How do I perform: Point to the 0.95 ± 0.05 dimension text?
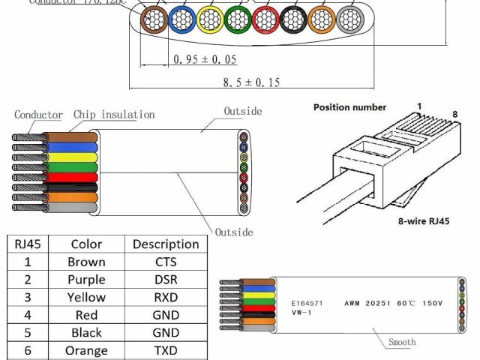[x=205, y=58]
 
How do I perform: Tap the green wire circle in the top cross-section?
[x=237, y=20]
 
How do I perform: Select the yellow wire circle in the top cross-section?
[x=209, y=20]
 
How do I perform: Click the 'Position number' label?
[x=349, y=108]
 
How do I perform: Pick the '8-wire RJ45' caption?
[x=424, y=222]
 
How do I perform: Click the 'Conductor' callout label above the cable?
[x=38, y=115]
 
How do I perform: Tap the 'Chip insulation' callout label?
[x=114, y=115]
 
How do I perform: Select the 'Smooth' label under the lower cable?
[x=402, y=343]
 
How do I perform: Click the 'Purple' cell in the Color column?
[x=86, y=280]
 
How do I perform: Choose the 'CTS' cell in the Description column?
[x=166, y=262]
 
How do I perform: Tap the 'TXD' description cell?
[x=166, y=350]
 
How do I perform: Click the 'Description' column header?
[x=166, y=244]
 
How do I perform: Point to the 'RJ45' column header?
[x=28, y=244]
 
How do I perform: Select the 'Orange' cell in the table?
[x=86, y=350]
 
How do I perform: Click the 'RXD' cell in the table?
[x=166, y=298]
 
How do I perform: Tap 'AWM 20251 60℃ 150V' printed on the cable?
[x=394, y=303]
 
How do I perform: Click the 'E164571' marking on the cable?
[x=307, y=303]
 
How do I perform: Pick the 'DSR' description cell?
[x=166, y=280]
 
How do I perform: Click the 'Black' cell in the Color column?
[x=86, y=333]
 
